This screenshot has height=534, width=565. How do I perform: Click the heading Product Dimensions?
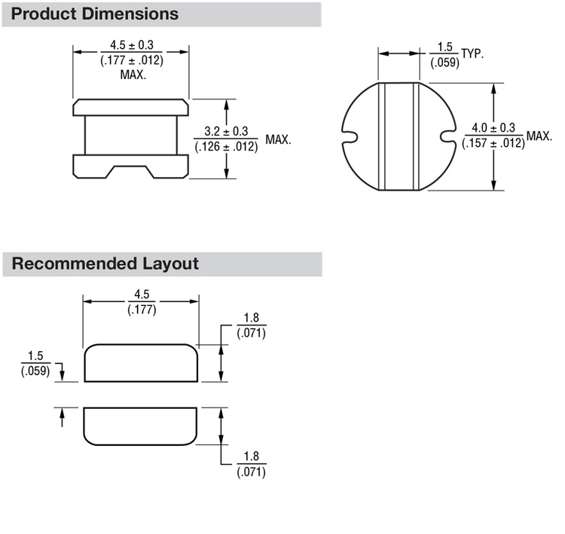(96, 14)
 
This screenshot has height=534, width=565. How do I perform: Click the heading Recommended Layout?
(105, 264)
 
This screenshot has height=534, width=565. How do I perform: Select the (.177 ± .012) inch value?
(132, 60)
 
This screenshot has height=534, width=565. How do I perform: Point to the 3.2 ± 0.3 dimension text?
(226, 130)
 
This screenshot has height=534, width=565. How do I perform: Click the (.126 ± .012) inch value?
(226, 146)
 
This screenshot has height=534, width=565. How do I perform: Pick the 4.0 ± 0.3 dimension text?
(493, 127)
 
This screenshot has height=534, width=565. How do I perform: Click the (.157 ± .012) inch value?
(493, 143)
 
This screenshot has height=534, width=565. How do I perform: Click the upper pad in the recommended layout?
(141, 363)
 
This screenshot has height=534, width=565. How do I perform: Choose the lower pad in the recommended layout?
(141, 426)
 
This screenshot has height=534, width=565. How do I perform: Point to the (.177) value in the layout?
(141, 309)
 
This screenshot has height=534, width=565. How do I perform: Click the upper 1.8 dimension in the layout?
(251, 318)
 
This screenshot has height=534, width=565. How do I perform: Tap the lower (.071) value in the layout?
(251, 471)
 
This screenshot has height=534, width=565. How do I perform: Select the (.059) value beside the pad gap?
(35, 371)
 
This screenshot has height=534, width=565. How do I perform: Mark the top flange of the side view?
(131, 107)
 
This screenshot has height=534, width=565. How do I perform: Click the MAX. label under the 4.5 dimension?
(132, 75)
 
